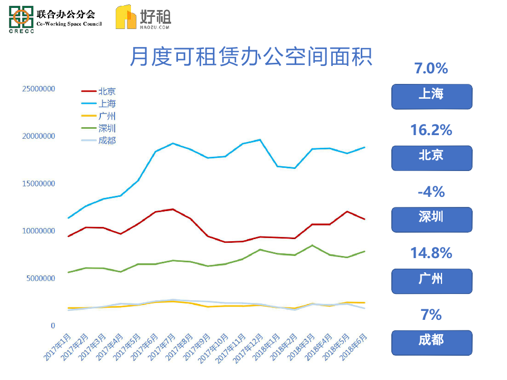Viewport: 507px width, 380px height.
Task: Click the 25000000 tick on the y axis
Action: (x=38, y=89)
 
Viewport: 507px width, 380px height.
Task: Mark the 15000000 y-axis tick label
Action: (x=38, y=184)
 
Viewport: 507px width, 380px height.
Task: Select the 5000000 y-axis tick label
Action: (x=40, y=278)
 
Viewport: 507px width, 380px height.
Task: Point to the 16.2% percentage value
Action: (x=431, y=130)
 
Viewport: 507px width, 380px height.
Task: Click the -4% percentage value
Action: (x=431, y=192)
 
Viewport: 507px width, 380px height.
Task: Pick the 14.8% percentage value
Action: (x=431, y=253)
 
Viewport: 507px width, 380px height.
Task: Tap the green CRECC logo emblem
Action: (x=21, y=17)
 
